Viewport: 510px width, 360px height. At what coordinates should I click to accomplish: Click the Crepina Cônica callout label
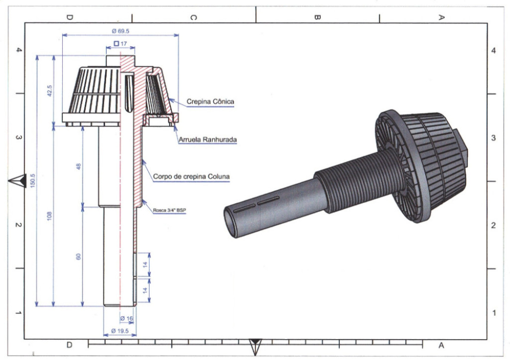click(x=210, y=102)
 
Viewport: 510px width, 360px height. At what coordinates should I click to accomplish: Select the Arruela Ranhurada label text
click(x=207, y=140)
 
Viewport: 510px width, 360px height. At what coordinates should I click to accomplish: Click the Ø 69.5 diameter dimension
click(x=121, y=31)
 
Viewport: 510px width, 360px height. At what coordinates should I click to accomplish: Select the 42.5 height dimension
click(x=50, y=91)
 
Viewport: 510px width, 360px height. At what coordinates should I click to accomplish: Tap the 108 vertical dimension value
click(x=50, y=216)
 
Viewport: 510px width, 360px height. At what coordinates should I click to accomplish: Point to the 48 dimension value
click(x=78, y=167)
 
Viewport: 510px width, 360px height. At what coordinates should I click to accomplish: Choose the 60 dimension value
click(x=78, y=256)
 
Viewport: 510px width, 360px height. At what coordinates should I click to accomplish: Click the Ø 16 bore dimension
click(x=127, y=319)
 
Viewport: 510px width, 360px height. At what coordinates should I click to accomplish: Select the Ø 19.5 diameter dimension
click(x=120, y=331)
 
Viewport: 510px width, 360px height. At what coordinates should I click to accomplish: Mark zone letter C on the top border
click(x=193, y=17)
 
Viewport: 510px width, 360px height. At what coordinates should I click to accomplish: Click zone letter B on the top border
click(x=317, y=17)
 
